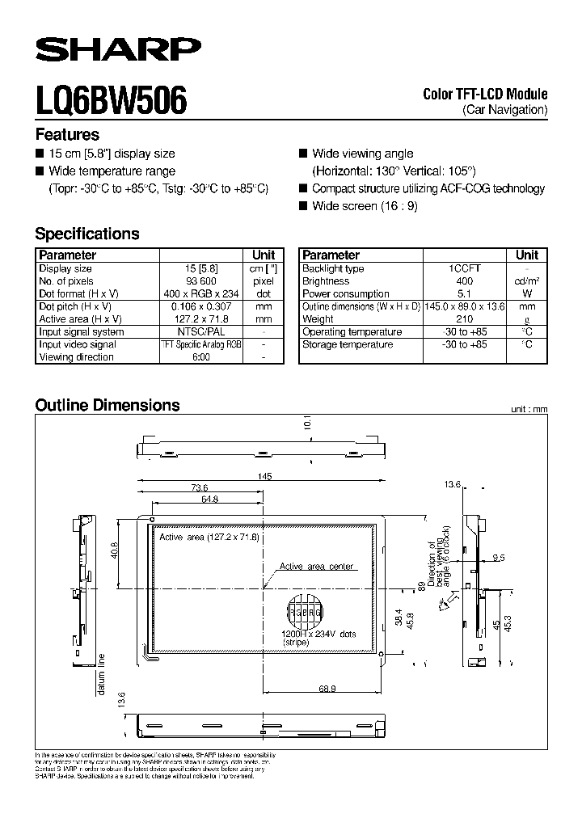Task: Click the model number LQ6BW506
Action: point(112,101)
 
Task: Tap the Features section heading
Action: point(67,135)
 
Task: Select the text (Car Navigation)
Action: point(505,109)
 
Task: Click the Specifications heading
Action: point(87,234)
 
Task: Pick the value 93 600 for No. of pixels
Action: point(200,281)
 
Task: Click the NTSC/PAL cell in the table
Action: point(200,331)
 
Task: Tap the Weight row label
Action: point(318,319)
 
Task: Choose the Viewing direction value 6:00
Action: point(200,356)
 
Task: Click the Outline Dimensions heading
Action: point(108,406)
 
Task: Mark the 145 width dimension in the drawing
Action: point(264,478)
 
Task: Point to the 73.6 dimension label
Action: point(200,487)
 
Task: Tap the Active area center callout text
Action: point(316,567)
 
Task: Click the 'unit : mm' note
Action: point(529,410)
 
